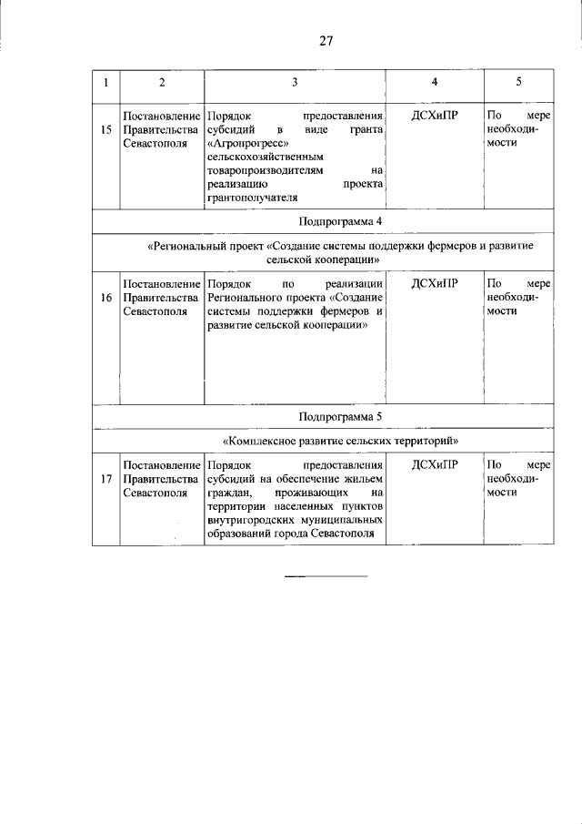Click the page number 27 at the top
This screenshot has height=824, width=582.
pos(326,41)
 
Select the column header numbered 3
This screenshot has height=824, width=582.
pos(295,83)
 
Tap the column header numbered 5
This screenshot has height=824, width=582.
pos(518,83)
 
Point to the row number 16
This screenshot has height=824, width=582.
pos(106,298)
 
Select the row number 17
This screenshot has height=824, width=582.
pos(106,479)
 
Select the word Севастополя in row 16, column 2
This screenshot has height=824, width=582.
pos(155,310)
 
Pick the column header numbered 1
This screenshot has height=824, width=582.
pos(106,83)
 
